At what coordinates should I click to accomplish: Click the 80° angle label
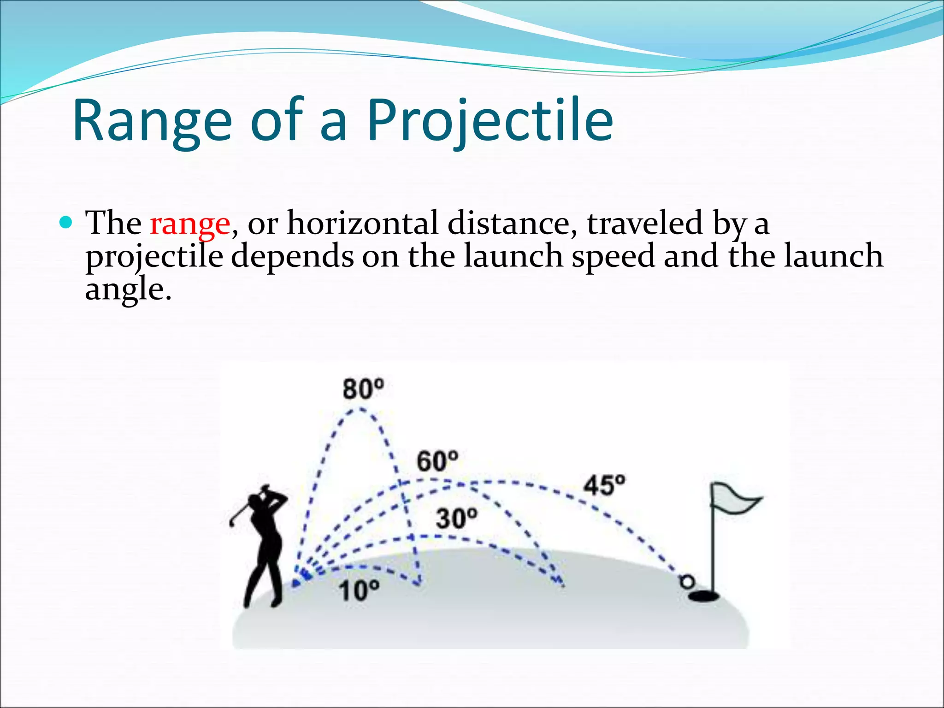click(x=363, y=389)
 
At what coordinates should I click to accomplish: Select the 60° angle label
click(x=437, y=461)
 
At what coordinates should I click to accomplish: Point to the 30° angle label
click(x=457, y=519)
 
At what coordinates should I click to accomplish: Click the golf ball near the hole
click(x=687, y=582)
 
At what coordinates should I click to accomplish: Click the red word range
click(x=190, y=224)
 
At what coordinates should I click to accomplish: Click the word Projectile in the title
click(x=490, y=121)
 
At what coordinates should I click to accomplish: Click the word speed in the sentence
click(x=613, y=256)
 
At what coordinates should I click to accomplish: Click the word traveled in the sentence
click(x=644, y=224)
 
